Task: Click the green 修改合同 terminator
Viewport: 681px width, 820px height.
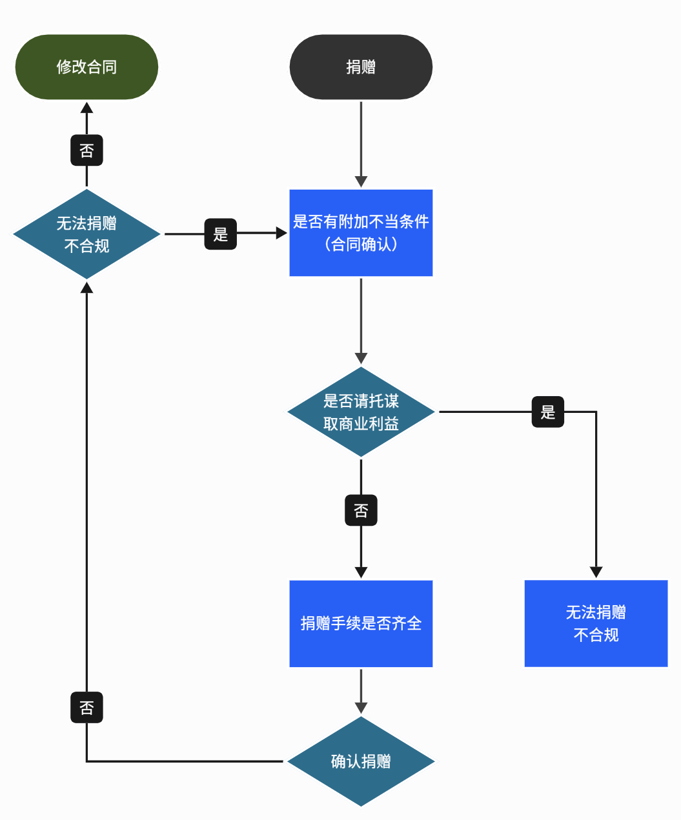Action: pyautogui.click(x=86, y=67)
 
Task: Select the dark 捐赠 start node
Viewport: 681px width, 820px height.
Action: pyautogui.click(x=361, y=67)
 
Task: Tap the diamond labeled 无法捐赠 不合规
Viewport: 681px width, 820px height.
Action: pyautogui.click(x=86, y=234)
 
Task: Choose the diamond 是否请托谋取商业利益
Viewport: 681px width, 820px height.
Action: pyautogui.click(x=361, y=412)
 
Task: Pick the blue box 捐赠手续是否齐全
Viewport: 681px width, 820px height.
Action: pyautogui.click(x=361, y=623)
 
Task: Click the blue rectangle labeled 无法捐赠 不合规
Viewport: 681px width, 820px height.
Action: pyautogui.click(x=596, y=623)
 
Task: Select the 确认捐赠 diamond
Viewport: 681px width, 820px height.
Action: pyautogui.click(x=361, y=761)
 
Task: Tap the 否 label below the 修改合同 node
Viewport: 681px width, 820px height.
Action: pyautogui.click(x=86, y=150)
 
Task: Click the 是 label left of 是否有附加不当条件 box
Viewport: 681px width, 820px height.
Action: pyautogui.click(x=221, y=234)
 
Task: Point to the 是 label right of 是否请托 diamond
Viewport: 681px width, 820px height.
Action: pyautogui.click(x=548, y=412)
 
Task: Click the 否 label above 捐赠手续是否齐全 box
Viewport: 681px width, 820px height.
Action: pyautogui.click(x=361, y=510)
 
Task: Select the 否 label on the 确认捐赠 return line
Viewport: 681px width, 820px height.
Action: pyautogui.click(x=86, y=708)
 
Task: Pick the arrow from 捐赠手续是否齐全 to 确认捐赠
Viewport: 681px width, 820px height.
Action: pyautogui.click(x=361, y=690)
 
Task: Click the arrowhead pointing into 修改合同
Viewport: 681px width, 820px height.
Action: pyautogui.click(x=86, y=108)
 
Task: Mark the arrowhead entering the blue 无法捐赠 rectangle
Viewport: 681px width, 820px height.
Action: pyautogui.click(x=596, y=572)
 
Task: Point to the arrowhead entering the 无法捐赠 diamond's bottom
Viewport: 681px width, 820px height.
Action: pyautogui.click(x=86, y=288)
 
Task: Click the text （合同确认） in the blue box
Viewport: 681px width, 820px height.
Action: pyautogui.click(x=361, y=245)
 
